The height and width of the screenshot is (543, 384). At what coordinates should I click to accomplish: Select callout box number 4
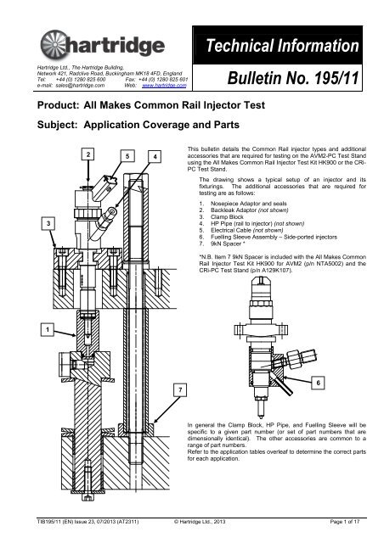click(x=153, y=158)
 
